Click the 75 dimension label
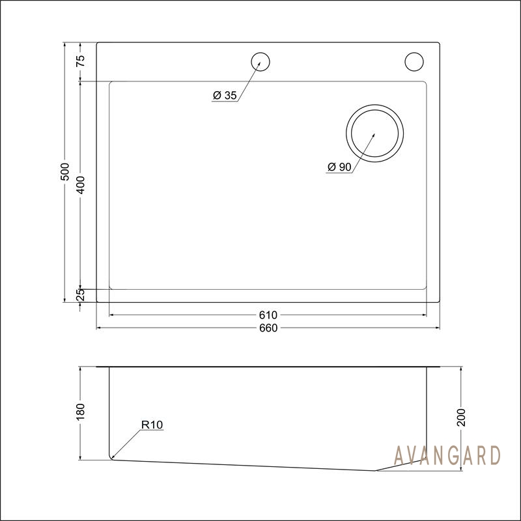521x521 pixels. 81,61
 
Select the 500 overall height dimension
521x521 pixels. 64,171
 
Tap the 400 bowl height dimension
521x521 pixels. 81,185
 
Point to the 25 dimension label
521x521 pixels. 81,295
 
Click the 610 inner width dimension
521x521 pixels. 268,315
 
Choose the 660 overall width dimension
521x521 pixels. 268,328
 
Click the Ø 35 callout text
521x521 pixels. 225,95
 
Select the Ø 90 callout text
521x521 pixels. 339,167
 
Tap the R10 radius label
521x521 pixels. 152,425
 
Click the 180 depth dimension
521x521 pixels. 81,412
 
